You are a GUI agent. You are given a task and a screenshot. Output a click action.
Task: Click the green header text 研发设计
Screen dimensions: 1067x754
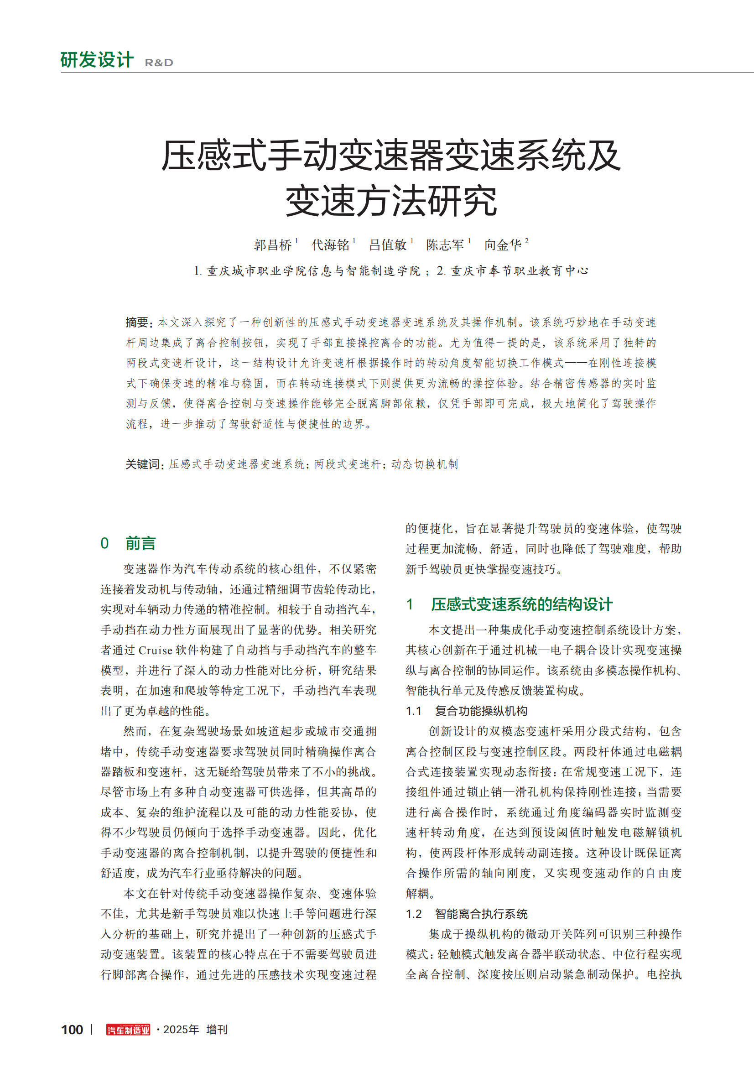(97, 60)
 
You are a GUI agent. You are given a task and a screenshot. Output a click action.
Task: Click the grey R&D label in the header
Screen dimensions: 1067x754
(159, 63)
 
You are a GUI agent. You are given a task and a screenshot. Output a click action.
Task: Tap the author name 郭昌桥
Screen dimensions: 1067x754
(273, 245)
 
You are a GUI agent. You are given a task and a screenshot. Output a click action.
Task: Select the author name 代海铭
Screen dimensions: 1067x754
(330, 245)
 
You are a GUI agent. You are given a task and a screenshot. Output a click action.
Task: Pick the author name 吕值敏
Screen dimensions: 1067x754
(388, 245)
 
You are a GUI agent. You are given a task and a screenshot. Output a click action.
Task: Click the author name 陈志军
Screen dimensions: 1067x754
(445, 245)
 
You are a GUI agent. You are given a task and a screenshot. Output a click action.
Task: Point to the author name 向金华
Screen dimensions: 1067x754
(503, 245)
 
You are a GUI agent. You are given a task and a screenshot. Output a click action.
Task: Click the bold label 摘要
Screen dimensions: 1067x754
(137, 322)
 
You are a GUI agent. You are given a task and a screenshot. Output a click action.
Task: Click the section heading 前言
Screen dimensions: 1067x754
(140, 543)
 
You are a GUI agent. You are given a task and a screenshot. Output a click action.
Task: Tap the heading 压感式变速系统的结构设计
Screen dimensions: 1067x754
(521, 604)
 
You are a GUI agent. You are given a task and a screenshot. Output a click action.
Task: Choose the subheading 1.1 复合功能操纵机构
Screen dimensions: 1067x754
(467, 711)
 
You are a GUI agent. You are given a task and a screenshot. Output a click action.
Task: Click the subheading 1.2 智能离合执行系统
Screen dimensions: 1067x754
(467, 914)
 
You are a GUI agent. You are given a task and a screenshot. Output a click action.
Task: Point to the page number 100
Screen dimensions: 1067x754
(72, 1030)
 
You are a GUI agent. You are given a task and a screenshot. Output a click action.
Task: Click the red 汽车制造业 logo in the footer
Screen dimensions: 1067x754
(128, 1030)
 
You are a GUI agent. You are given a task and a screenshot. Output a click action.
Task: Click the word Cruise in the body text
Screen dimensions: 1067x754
(155, 650)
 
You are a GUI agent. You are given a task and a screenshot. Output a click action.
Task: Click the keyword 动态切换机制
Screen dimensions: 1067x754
(425, 464)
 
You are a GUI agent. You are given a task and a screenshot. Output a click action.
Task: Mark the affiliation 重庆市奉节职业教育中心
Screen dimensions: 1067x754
(520, 271)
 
